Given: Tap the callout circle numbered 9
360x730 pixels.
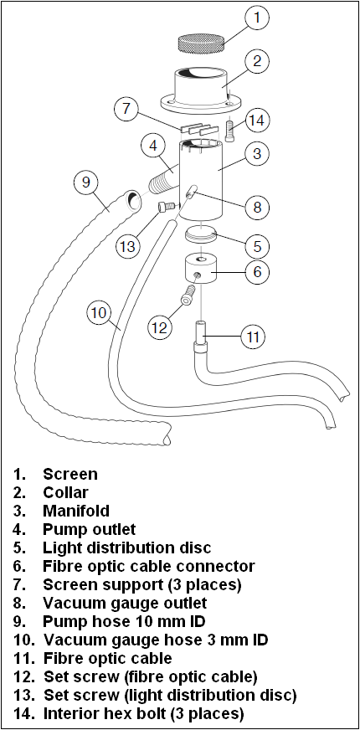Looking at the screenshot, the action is [x=86, y=182].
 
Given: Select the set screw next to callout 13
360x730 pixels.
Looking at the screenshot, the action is [x=166, y=207].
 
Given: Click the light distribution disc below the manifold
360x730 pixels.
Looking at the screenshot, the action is [x=202, y=233].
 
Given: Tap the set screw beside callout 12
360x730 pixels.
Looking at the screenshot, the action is [x=188, y=296].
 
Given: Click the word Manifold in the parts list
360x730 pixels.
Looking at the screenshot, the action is [x=76, y=511].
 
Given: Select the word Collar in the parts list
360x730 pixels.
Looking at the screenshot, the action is [x=65, y=492].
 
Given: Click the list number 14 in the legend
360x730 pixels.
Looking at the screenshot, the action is [x=24, y=714].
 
